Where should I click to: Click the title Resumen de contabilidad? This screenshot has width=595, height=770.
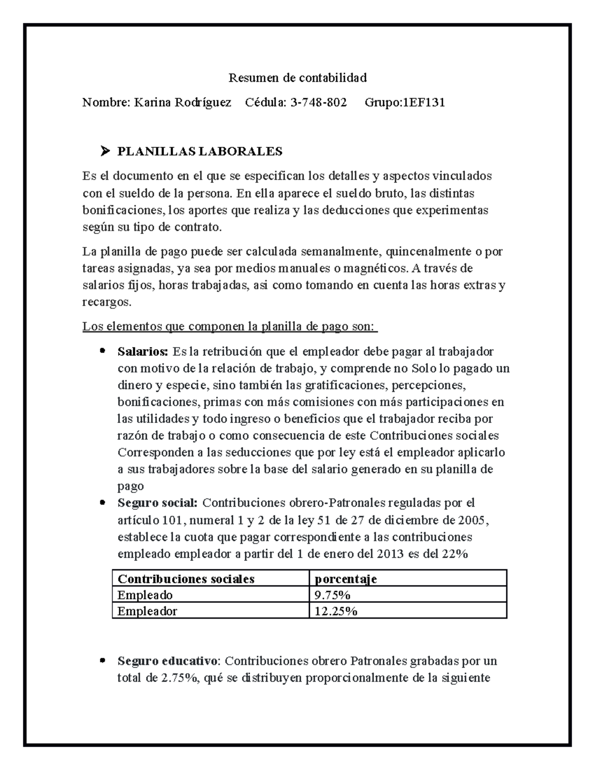click(x=297, y=78)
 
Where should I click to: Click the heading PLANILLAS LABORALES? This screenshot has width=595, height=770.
click(x=199, y=151)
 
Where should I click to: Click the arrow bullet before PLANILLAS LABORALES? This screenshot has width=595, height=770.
click(x=105, y=151)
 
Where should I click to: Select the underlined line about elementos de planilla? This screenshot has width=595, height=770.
click(x=230, y=327)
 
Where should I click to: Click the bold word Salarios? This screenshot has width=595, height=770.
click(x=143, y=352)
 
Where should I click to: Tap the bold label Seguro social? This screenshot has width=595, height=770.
click(x=157, y=503)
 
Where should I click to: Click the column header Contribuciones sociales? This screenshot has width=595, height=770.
click(x=186, y=579)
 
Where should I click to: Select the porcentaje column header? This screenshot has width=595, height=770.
click(x=346, y=579)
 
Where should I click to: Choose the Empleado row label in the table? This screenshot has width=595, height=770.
click(x=145, y=595)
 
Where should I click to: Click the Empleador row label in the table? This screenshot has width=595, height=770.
click(x=147, y=611)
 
